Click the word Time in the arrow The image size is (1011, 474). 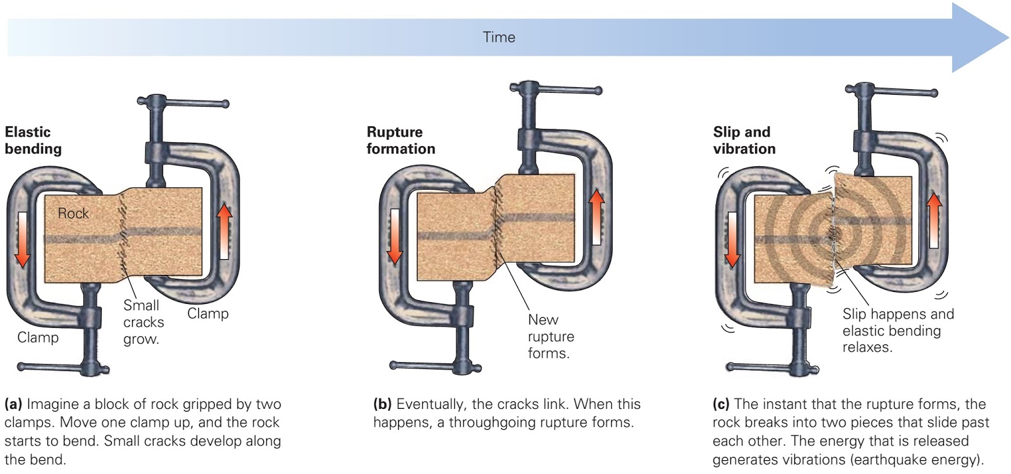click(499, 37)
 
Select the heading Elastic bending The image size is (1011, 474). click(33, 140)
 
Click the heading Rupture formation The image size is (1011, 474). click(401, 140)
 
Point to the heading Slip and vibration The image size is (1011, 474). click(744, 140)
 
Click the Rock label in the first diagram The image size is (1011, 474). click(73, 214)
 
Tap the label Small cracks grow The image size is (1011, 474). click(143, 322)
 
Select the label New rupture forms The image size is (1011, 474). click(550, 336)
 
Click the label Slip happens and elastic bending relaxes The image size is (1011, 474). click(897, 331)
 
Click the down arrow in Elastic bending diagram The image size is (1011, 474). click(23, 240)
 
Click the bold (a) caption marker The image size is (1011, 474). click(13, 404)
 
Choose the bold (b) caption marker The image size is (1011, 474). click(382, 404)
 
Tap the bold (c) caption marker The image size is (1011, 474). click(721, 404)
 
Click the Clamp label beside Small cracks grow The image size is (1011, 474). click(208, 313)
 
